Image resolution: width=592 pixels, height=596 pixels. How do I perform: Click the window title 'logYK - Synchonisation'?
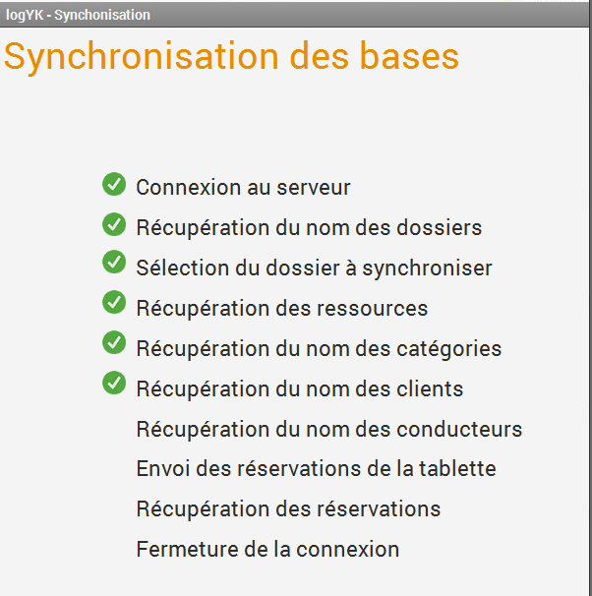click(x=78, y=15)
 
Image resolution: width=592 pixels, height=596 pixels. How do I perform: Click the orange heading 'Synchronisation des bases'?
click(x=231, y=57)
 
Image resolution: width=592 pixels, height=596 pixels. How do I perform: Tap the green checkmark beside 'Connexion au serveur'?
click(x=114, y=184)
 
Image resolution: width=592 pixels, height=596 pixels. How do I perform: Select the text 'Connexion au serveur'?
click(x=243, y=188)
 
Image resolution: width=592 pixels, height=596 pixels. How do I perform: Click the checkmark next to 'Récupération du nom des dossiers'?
click(x=114, y=224)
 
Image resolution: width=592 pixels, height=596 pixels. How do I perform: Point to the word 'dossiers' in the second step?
click(x=440, y=228)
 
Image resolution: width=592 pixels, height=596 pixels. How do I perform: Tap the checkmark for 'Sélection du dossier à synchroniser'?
click(x=114, y=262)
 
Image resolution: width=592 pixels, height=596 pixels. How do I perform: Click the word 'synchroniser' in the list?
click(x=427, y=268)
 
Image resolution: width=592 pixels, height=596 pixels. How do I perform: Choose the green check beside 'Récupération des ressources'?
click(x=114, y=302)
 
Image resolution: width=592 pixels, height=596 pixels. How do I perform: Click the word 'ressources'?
click(x=373, y=309)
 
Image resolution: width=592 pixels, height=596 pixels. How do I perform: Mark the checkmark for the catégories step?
click(x=114, y=342)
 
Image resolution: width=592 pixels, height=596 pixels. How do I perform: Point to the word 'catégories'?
click(x=449, y=349)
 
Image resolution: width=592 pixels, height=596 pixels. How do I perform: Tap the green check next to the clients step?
click(x=114, y=383)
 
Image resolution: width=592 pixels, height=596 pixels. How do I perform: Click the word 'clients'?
click(x=430, y=389)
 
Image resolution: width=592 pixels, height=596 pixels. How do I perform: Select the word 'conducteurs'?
click(x=459, y=430)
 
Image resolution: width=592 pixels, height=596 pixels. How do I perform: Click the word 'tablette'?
click(x=457, y=469)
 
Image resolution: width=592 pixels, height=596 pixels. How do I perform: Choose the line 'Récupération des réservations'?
click(x=288, y=509)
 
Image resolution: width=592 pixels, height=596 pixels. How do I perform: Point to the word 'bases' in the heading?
click(x=409, y=57)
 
